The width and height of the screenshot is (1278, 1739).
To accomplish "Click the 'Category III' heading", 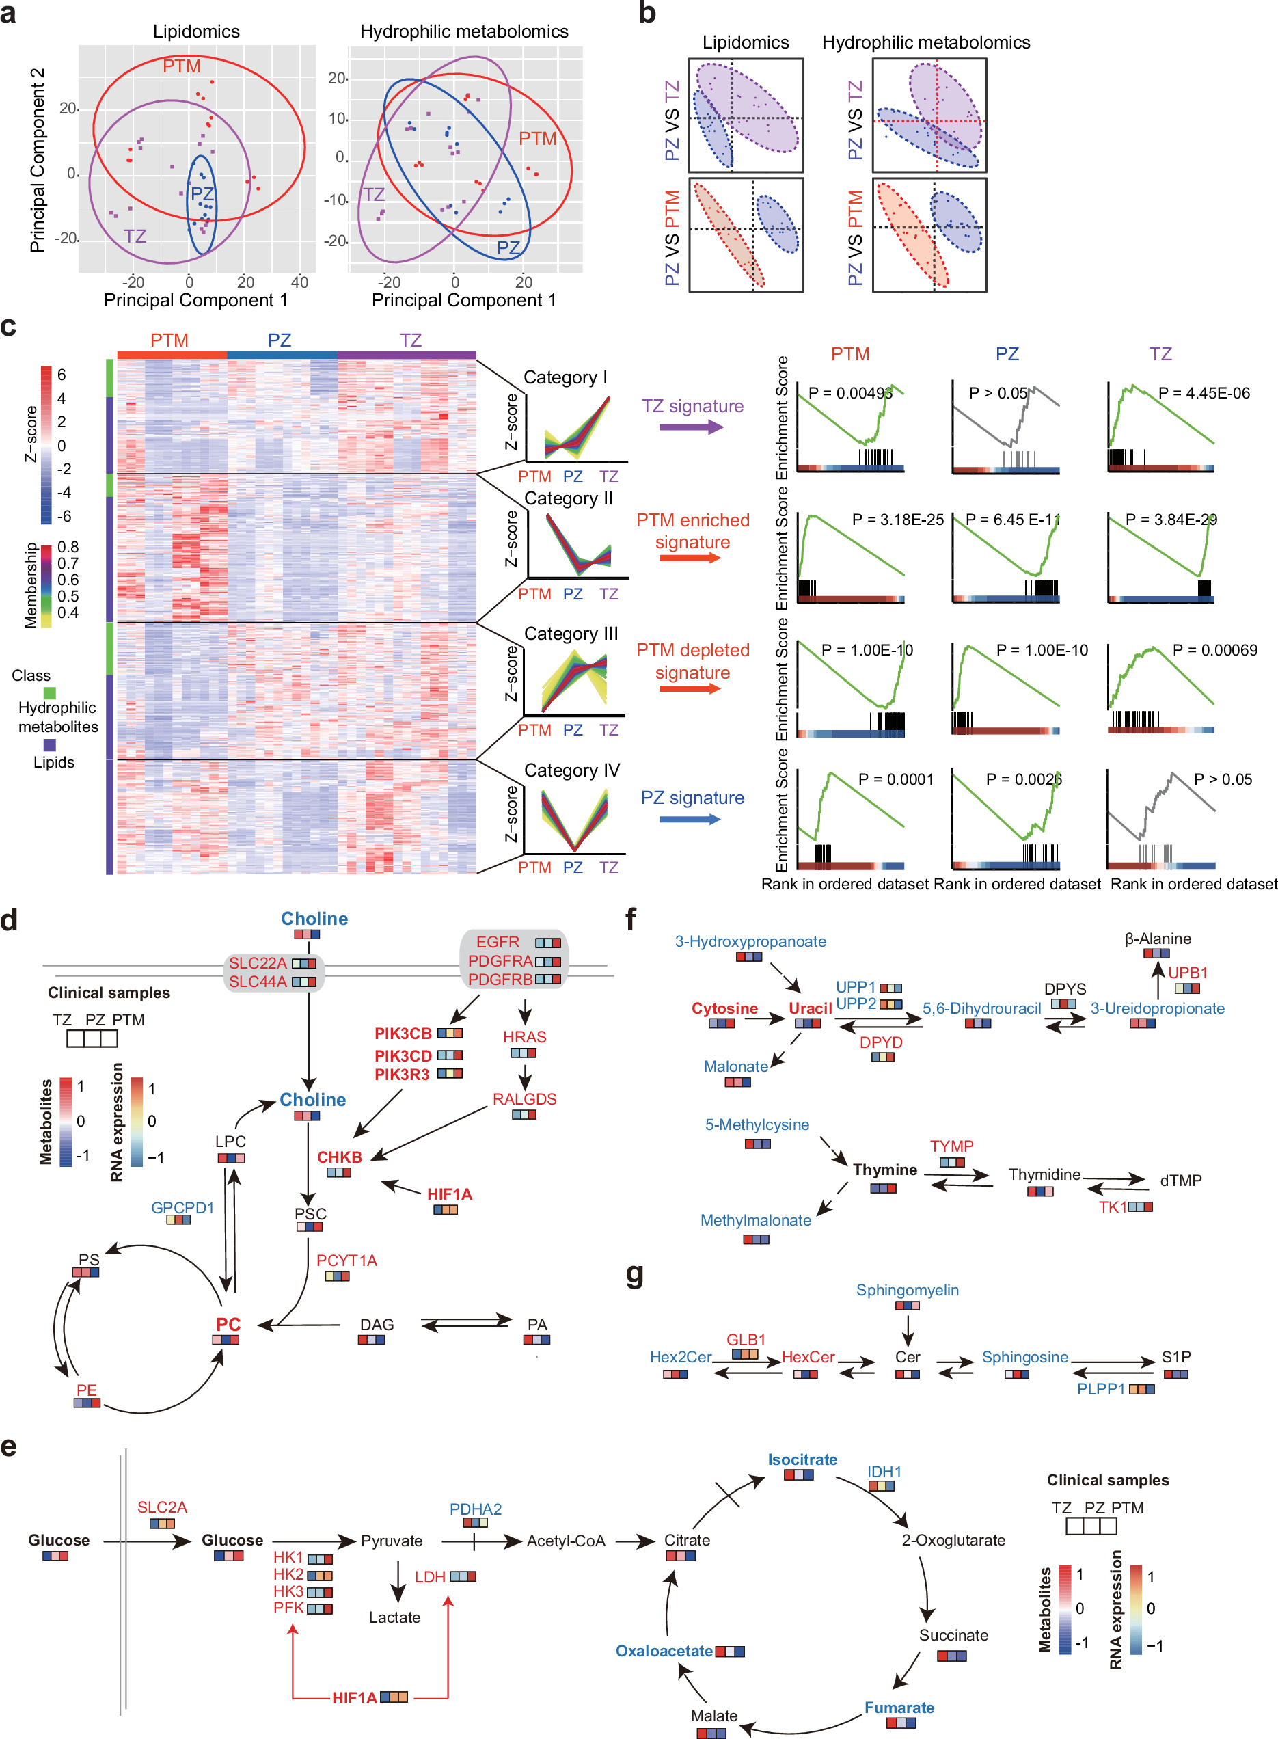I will [571, 634].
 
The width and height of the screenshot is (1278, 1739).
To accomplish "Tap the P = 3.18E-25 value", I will [897, 520].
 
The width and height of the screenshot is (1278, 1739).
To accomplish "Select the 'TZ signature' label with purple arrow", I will [692, 406].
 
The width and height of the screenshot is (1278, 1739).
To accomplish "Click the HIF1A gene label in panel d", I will [450, 1194].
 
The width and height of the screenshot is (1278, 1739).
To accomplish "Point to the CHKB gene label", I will [340, 1157].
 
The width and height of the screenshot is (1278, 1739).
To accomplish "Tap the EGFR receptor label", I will [498, 941].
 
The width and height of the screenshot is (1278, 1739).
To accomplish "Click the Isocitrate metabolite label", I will [802, 1459].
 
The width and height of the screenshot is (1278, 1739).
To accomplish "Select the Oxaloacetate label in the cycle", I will [664, 1651].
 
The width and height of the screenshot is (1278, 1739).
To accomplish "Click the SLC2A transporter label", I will [163, 1507].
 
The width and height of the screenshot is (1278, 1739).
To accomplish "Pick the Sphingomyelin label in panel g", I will [908, 1289].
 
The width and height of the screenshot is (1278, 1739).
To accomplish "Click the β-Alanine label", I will [1157, 939].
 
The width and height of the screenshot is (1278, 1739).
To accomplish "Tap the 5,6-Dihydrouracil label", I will [981, 1008].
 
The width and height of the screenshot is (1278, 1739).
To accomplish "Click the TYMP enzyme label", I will [951, 1146].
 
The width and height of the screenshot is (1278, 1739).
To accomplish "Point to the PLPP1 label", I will [1101, 1388].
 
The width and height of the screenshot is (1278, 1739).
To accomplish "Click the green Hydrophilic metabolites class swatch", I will [49, 692].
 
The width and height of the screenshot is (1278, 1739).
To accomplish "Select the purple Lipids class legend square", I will [49, 745].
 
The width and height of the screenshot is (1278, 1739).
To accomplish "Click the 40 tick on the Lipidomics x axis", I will [299, 282].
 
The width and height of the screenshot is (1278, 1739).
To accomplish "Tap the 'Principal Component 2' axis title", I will [37, 159].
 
